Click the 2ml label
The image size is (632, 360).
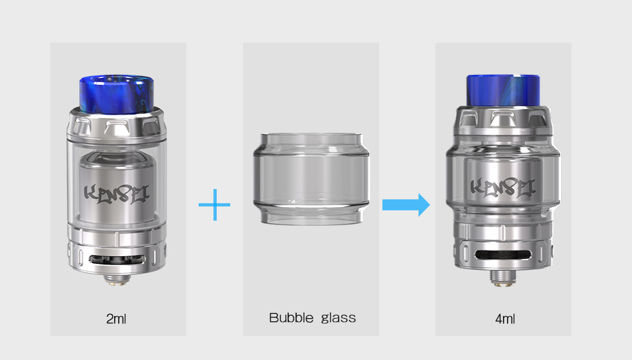tap(116, 319)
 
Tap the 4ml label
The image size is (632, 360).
tap(505, 319)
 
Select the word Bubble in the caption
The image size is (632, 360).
tap(291, 317)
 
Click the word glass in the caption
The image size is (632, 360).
tap(339, 319)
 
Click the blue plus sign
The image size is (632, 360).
tap(214, 205)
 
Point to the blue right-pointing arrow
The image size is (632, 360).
tap(406, 205)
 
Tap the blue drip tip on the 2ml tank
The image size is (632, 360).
tap(117, 93)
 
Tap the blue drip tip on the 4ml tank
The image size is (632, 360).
tap(503, 91)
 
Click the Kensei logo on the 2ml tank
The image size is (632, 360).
tap(117, 194)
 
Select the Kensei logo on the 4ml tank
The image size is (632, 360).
tap(503, 188)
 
